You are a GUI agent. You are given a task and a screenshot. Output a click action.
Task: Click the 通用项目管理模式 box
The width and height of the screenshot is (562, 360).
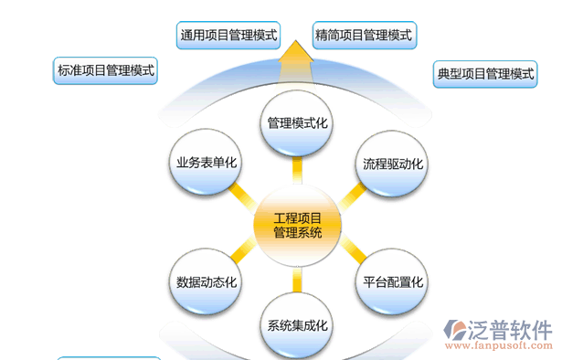point(228,36)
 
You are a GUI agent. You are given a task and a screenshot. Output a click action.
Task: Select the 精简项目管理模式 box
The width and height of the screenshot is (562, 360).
point(363,36)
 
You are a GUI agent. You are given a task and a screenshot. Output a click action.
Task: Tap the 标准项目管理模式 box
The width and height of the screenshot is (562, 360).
point(106,70)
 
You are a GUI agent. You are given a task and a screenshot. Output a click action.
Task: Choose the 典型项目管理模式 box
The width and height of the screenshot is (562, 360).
point(485,74)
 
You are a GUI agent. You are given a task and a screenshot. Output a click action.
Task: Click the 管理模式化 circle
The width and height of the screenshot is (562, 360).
point(297,122)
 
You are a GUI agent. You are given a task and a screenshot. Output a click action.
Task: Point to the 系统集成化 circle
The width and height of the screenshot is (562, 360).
point(297,324)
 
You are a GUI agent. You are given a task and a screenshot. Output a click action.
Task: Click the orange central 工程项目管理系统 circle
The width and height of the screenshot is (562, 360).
point(297,224)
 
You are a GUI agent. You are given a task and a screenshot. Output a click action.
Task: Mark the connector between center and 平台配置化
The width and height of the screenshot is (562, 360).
point(349,254)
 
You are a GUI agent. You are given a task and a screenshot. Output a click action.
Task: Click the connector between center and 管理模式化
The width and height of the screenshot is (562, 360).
point(297,171)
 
